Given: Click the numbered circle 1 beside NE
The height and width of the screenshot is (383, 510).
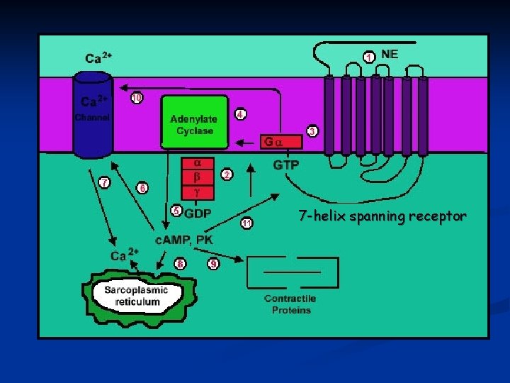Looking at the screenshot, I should pyautogui.click(x=369, y=56).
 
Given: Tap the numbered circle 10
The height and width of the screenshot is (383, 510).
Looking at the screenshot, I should pyautogui.click(x=137, y=98).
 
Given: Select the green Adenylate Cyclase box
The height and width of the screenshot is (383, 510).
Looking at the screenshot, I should pyautogui.click(x=195, y=122).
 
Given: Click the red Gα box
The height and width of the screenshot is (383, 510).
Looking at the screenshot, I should pyautogui.click(x=280, y=142).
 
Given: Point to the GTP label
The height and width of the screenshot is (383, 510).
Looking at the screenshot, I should pyautogui.click(x=286, y=165).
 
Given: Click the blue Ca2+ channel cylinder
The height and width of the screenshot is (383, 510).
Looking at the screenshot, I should pyautogui.click(x=93, y=117).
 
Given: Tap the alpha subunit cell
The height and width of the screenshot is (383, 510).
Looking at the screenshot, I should pyautogui.click(x=198, y=162).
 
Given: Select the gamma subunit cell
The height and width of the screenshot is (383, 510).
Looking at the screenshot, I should pyautogui.click(x=198, y=191).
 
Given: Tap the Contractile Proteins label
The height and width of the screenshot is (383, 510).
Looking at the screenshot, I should pyautogui.click(x=290, y=304).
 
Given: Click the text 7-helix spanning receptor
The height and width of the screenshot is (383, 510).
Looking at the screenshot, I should pyautogui.click(x=382, y=216).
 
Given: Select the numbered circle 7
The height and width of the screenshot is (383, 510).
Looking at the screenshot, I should pyautogui.click(x=105, y=182).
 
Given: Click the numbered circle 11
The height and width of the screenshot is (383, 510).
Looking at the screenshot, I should pyautogui.click(x=246, y=223).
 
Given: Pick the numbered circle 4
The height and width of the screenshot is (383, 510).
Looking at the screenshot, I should pyautogui.click(x=241, y=114).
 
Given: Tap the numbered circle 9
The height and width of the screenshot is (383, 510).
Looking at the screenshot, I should pyautogui.click(x=212, y=264).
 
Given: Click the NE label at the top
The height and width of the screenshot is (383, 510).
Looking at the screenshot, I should pyautogui.click(x=390, y=53).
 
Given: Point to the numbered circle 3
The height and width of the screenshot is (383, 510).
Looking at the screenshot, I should pyautogui.click(x=312, y=131).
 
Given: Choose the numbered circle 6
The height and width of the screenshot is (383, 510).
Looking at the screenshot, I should pyautogui.click(x=142, y=188).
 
